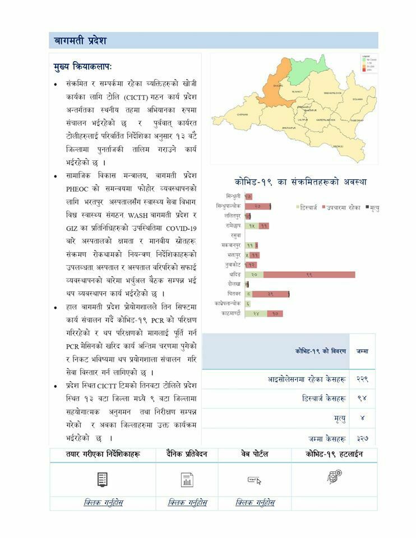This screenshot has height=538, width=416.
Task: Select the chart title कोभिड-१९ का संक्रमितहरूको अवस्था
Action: click(300, 182)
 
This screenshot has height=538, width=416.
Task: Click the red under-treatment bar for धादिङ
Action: click(309, 275)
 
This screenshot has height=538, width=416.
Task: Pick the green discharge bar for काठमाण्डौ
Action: click(256, 313)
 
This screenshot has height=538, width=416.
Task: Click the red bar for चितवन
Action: click(270, 294)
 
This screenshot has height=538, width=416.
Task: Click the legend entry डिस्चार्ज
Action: click(309, 207)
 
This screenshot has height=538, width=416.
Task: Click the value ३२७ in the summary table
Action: click(363, 438)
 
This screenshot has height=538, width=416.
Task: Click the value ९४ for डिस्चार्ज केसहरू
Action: click(362, 398)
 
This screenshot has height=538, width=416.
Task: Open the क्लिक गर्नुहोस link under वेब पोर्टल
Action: click(255, 503)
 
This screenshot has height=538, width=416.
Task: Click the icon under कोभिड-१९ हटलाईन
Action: click(334, 477)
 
